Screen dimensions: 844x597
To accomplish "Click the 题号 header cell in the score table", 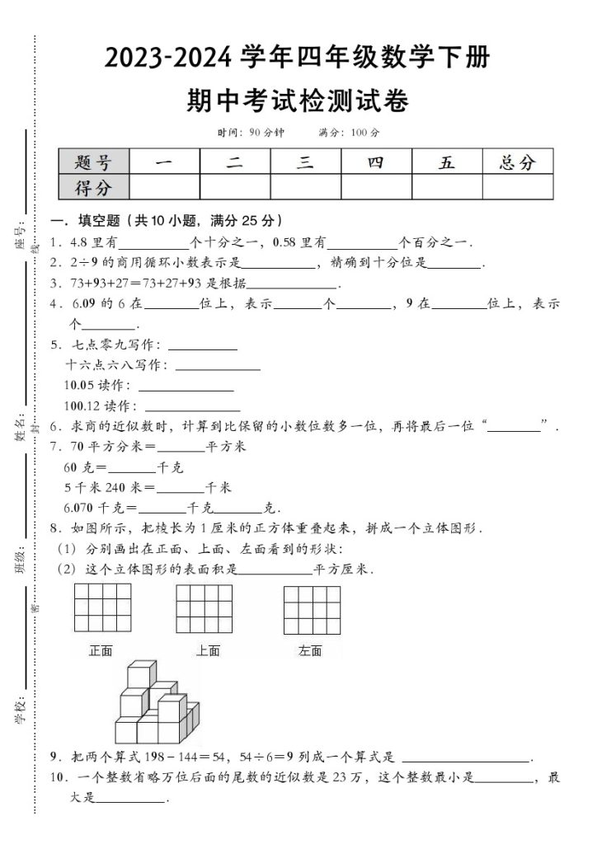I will tap(95, 162).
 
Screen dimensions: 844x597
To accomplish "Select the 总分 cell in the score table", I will tap(517, 162).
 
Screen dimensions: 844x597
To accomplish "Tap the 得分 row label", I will tap(95, 187).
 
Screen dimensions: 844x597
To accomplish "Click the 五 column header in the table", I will tap(446, 162).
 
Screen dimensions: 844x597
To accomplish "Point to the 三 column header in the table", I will tap(305, 162).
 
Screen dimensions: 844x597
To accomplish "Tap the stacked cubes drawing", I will tap(156, 703).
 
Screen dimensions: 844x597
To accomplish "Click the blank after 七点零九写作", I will tap(202, 346).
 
